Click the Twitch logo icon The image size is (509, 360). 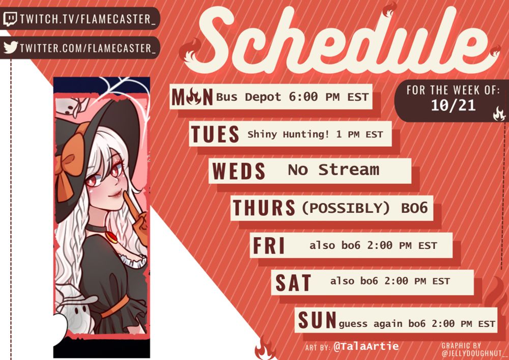click(10, 19)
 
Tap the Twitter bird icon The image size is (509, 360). click(11, 47)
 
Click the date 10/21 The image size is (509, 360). click(453, 105)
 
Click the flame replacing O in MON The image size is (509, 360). click(194, 97)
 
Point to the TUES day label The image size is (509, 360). click(215, 134)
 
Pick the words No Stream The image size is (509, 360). click(333, 170)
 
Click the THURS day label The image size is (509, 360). click(264, 208)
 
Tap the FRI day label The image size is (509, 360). click(268, 245)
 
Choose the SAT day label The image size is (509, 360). click(293, 283)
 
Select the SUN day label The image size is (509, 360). click(317, 320)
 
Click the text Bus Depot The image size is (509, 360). click(249, 97)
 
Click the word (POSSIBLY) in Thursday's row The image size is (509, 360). click(346, 208)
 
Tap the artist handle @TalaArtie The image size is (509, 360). click(366, 346)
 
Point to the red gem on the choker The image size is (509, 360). click(111, 237)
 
